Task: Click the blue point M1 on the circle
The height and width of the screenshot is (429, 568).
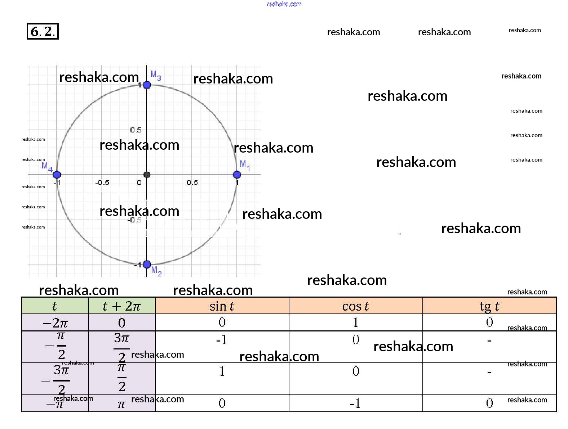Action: point(237,175)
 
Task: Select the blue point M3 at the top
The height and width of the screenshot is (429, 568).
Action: point(147,85)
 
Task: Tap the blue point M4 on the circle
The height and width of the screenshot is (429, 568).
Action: point(57,175)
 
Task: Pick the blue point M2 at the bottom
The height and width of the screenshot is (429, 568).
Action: point(147,265)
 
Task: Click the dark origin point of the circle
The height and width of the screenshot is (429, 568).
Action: point(147,175)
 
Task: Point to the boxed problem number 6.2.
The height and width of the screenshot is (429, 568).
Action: point(43,31)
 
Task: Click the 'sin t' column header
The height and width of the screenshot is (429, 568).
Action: point(222,306)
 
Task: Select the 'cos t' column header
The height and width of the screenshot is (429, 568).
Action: point(355,306)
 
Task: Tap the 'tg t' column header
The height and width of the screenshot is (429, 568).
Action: point(489,306)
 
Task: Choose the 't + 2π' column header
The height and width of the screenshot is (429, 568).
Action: point(122,306)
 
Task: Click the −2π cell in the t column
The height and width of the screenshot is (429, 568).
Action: point(55,323)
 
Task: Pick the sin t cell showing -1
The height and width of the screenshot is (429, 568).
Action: point(222,339)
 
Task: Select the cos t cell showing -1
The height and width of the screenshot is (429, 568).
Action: point(355,403)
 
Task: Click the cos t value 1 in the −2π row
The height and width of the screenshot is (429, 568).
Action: point(356,322)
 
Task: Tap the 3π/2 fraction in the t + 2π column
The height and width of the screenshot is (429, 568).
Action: point(122,347)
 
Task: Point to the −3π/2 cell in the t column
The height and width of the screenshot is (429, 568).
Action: point(56,379)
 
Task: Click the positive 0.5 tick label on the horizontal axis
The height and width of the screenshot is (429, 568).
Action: point(192,182)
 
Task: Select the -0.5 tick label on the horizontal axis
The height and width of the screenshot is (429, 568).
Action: point(102,182)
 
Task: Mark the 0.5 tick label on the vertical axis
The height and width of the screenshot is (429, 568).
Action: point(136,130)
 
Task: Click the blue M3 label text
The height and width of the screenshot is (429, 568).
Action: point(156,75)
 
